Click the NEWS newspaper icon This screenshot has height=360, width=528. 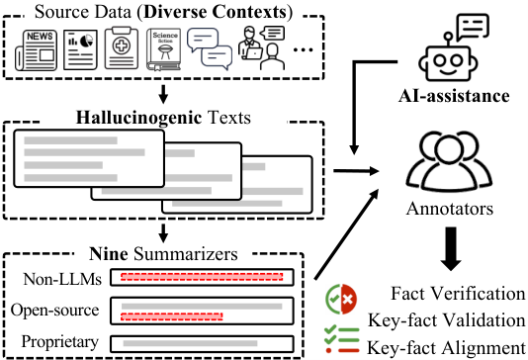tap(36, 50)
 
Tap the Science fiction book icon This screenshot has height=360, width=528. tap(163, 49)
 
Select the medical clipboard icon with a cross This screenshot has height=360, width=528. tap(122, 48)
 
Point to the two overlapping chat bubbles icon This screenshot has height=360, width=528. tap(210, 48)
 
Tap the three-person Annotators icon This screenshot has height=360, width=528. tap(449, 161)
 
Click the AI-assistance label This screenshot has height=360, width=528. tap(454, 96)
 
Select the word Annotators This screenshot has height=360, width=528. tap(450, 209)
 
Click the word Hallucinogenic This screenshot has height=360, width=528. tap(139, 118)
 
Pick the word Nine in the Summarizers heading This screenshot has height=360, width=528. tap(109, 254)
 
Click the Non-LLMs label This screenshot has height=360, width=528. tap(62, 279)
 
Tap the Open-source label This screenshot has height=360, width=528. tap(55, 311)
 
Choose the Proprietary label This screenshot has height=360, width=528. tap(60, 342)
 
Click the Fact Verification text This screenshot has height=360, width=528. tap(458, 294)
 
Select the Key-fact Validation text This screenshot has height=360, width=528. tap(447, 320)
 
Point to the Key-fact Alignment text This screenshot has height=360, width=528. tap(446, 348)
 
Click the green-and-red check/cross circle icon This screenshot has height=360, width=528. tap(341, 299)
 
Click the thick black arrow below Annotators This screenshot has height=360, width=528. tap(451, 249)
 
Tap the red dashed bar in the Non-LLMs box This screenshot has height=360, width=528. tap(202, 277)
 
